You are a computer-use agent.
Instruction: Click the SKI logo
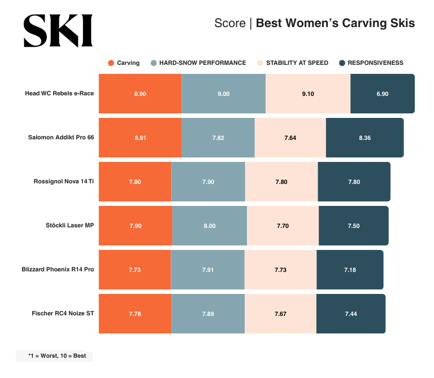tap(58, 30)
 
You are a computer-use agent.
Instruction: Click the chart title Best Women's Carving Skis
tap(335, 23)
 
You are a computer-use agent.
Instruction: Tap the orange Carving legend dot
tap(111, 63)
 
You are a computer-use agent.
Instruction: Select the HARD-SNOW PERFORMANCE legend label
tap(202, 63)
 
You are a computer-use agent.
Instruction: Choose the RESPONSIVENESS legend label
tap(375, 63)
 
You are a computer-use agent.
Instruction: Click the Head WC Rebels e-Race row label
tap(59, 94)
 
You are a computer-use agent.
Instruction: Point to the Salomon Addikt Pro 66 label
tap(61, 138)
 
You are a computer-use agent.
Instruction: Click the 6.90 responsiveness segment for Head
tap(383, 94)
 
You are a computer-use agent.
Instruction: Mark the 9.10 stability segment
tap(308, 94)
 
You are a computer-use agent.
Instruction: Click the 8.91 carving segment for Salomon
tap(140, 138)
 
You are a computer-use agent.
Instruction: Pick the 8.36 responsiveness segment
tap(364, 138)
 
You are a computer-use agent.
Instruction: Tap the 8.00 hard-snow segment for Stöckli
tap(210, 226)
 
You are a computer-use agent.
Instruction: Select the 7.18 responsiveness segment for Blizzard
tap(350, 270)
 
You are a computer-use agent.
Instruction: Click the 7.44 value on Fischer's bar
tap(350, 314)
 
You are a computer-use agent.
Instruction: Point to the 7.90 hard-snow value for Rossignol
tap(208, 182)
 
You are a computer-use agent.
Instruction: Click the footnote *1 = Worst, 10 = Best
tap(54, 356)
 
